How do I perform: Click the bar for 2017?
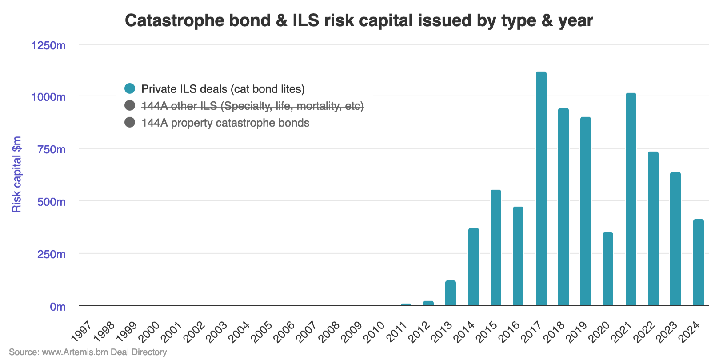tap(541, 189)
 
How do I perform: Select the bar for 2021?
tap(631, 200)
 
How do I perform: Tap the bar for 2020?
tap(608, 269)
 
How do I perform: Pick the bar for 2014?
tap(474, 267)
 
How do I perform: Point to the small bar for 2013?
tap(451, 293)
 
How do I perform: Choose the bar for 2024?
tap(698, 263)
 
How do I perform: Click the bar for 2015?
tap(496, 248)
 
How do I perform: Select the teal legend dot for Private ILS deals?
tap(130, 88)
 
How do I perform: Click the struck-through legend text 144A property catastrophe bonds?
tap(225, 123)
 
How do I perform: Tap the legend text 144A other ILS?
tap(252, 106)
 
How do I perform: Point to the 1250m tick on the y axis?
tap(48, 45)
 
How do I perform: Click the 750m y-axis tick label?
tap(52, 149)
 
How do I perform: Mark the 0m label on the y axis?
tap(58, 307)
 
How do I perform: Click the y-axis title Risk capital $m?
tap(17, 175)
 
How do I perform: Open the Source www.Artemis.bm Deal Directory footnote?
tap(88, 352)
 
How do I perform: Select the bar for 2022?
tap(653, 229)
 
